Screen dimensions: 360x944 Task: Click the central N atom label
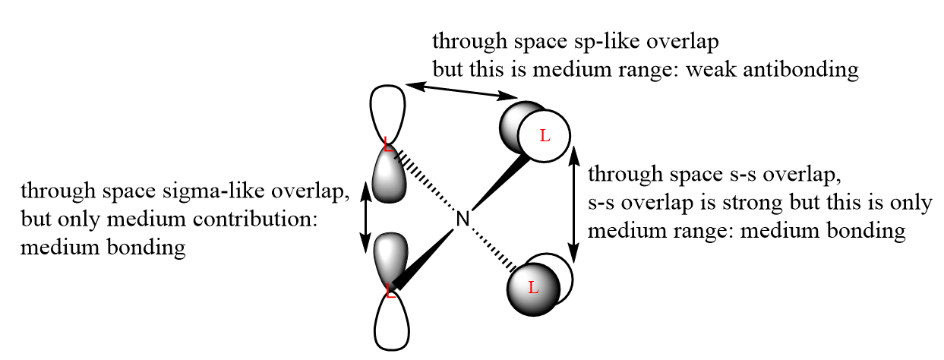click(x=464, y=220)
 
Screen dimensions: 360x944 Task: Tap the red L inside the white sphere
click(x=544, y=136)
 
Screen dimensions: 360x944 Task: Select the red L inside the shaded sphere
click(x=533, y=287)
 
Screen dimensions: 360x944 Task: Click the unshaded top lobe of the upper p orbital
click(x=387, y=112)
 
